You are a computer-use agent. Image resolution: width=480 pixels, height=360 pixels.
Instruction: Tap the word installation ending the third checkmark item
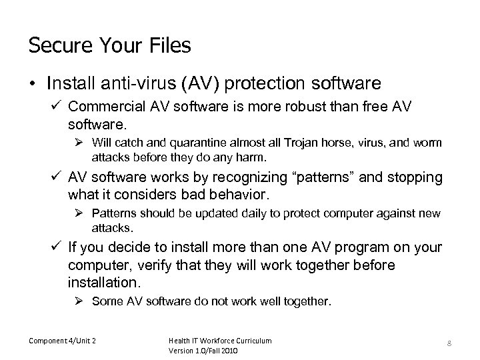pyautogui.click(x=102, y=283)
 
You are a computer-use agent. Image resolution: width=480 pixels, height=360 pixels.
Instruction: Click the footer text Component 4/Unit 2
pyautogui.click(x=62, y=341)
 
